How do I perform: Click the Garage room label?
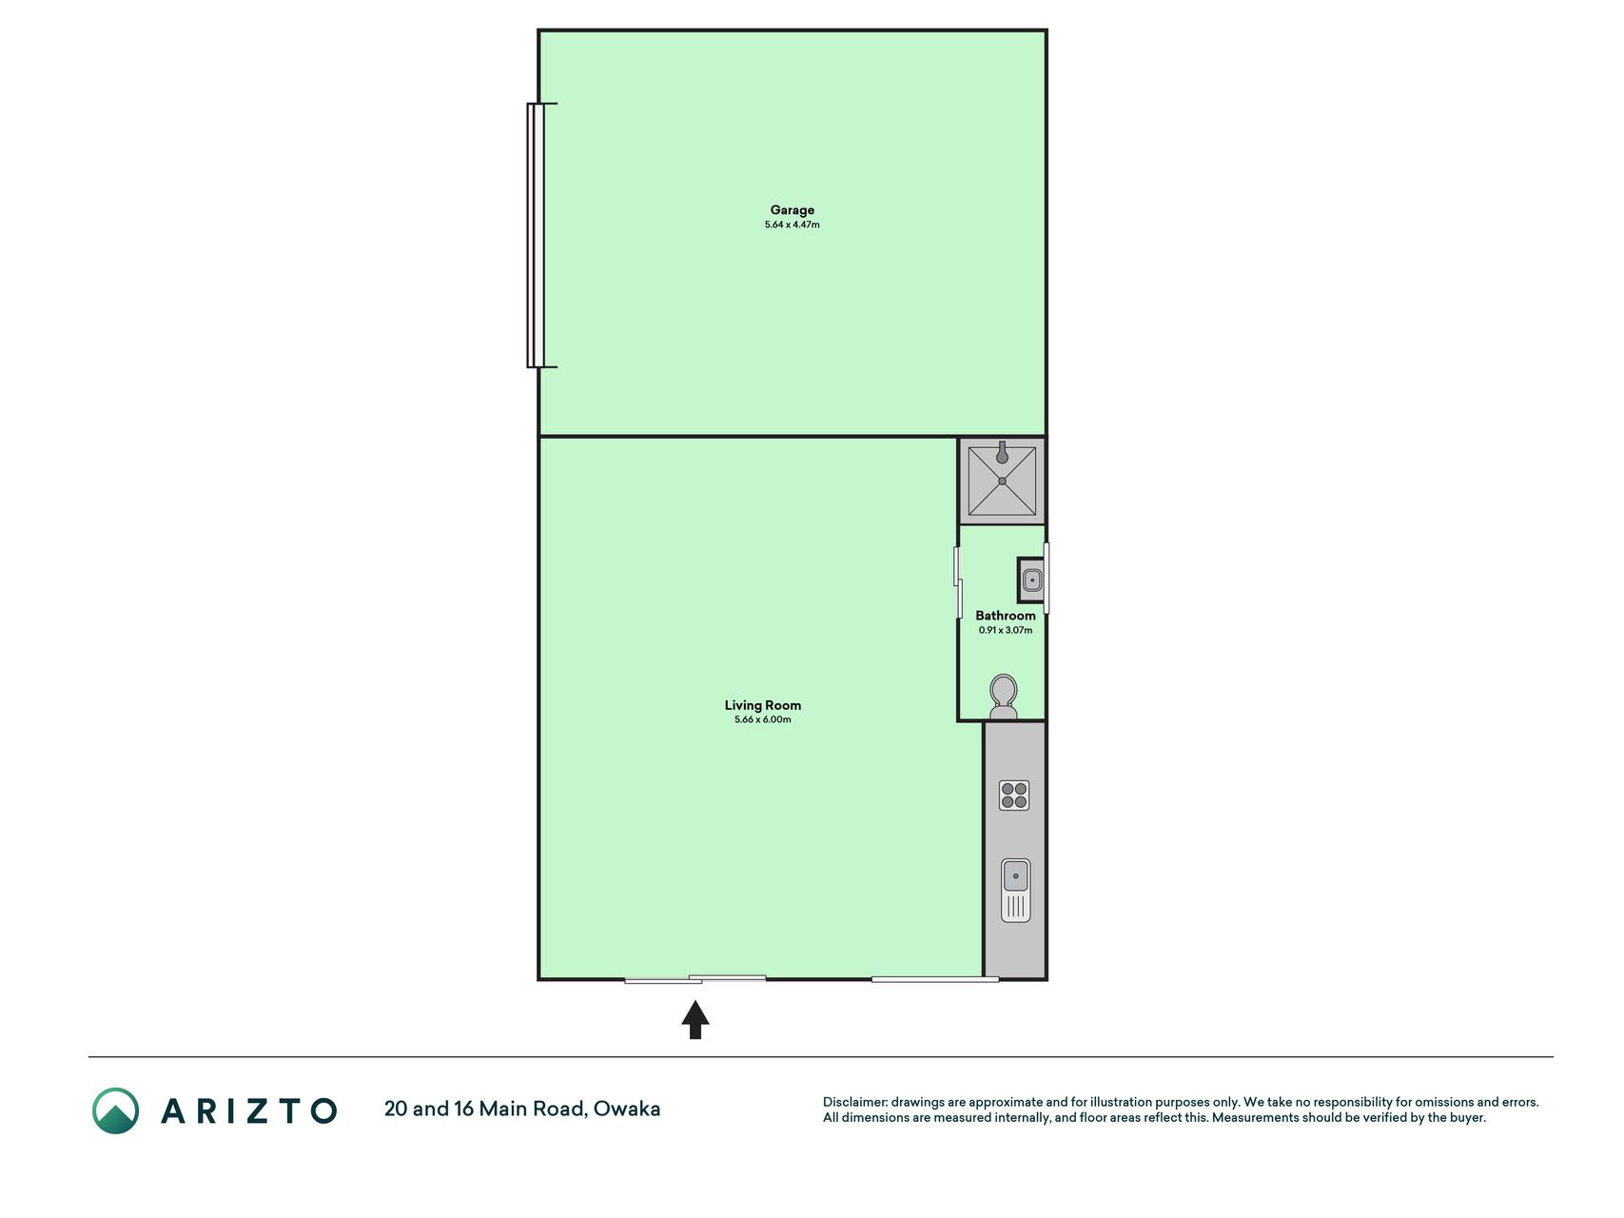(x=792, y=210)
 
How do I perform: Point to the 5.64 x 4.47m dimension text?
(x=792, y=225)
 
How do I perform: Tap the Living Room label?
(x=763, y=705)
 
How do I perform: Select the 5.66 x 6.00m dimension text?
(x=763, y=719)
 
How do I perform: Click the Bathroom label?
(x=1006, y=616)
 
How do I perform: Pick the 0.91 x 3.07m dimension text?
(x=1006, y=630)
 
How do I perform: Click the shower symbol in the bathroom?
(x=1002, y=481)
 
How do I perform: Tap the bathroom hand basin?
(x=1031, y=580)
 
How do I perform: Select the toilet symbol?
(x=1004, y=697)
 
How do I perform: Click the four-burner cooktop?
(x=1014, y=796)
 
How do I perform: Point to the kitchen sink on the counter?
(x=1016, y=890)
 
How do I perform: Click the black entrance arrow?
(x=695, y=1019)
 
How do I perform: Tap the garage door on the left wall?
(x=538, y=235)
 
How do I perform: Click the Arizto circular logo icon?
(x=116, y=1110)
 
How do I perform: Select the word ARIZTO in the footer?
(x=249, y=1110)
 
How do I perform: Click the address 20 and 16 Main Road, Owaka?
(x=522, y=1109)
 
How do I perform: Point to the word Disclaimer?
(x=854, y=1102)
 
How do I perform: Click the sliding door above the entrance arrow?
(x=695, y=978)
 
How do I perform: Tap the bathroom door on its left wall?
(x=958, y=581)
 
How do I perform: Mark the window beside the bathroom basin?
(x=1047, y=578)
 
